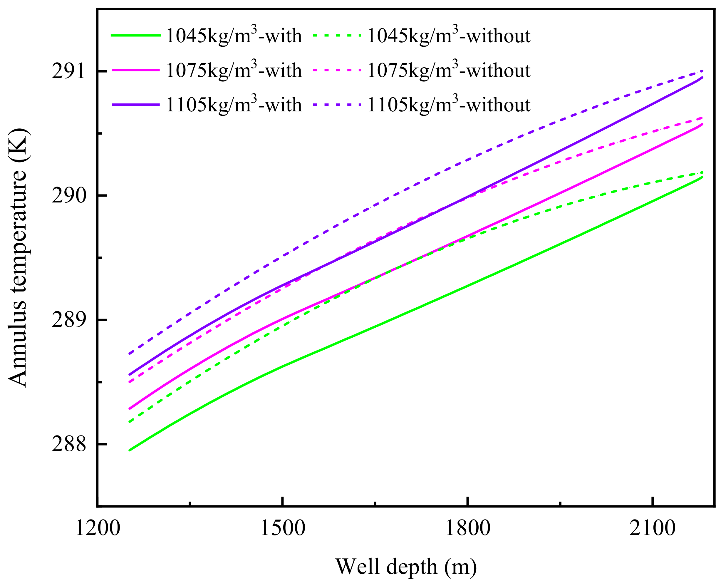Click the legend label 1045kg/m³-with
234,36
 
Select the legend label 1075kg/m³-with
234,71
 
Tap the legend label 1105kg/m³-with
234,105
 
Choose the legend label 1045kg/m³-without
449,36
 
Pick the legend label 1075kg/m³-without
449,71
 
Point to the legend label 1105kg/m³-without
449,105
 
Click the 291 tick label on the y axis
68,71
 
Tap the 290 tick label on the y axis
68,196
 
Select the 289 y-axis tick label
68,320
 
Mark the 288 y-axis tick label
68,444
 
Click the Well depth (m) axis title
406,566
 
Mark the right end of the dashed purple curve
702,71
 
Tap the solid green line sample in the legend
135,35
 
